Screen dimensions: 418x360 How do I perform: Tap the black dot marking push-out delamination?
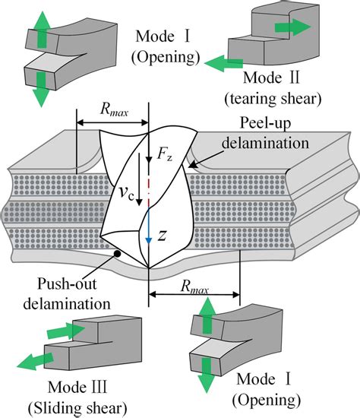point(116,252)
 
